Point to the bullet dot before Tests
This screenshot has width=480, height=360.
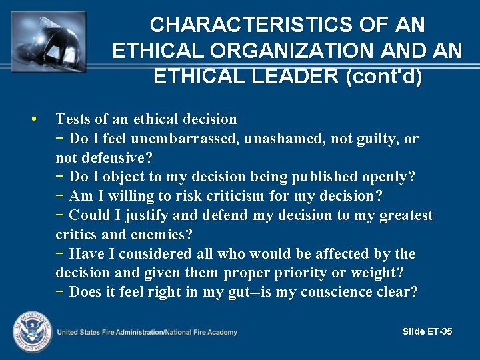pyautogui.click(x=33, y=119)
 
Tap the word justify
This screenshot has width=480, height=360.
pyautogui.click(x=135, y=215)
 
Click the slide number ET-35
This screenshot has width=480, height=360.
pyautogui.click(x=437, y=331)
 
